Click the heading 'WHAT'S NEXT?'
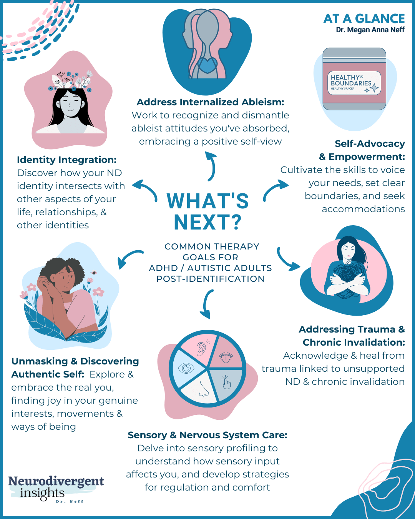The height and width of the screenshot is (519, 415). pyautogui.click(x=208, y=211)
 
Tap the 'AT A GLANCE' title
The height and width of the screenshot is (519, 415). pyautogui.click(x=364, y=19)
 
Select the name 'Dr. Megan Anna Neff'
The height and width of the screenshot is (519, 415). pyautogui.click(x=370, y=30)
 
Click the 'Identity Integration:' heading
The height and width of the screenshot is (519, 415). pyautogui.click(x=66, y=160)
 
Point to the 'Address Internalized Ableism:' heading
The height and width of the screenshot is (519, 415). pyautogui.click(x=210, y=102)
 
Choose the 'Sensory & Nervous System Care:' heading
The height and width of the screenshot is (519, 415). pyautogui.click(x=207, y=435)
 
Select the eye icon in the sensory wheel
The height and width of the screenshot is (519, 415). pyautogui.click(x=186, y=368)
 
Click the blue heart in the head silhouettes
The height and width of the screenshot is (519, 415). pyautogui.click(x=207, y=65)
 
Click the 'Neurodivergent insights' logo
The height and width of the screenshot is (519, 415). pyautogui.click(x=56, y=487)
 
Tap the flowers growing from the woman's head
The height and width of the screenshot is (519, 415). pyautogui.click(x=72, y=80)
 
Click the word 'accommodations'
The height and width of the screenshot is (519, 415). pyautogui.click(x=363, y=209)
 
